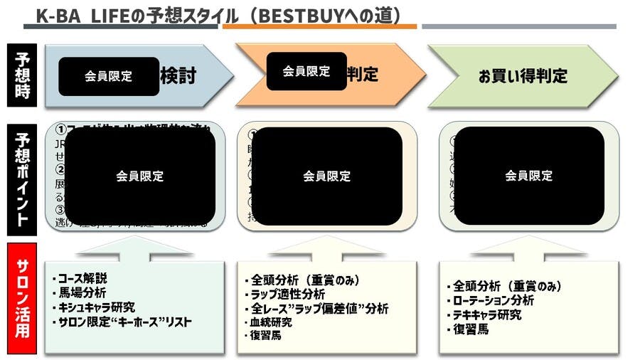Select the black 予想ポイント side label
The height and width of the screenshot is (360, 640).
[x=23, y=177]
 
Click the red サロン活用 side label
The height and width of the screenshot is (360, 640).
[x=23, y=300]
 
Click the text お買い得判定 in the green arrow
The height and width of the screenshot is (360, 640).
[x=523, y=76]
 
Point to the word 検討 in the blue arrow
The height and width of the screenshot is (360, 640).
[x=178, y=76]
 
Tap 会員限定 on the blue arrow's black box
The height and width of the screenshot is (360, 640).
[x=109, y=76]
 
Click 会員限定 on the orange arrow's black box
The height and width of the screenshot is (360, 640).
[x=306, y=71]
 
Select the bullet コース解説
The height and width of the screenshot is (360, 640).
[x=82, y=277]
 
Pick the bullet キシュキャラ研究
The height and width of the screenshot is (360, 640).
[x=96, y=307]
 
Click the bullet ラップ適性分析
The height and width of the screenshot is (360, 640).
[x=287, y=294]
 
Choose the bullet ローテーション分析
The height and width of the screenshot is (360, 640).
[x=494, y=300]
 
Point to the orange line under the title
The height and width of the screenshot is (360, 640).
[x=319, y=26]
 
